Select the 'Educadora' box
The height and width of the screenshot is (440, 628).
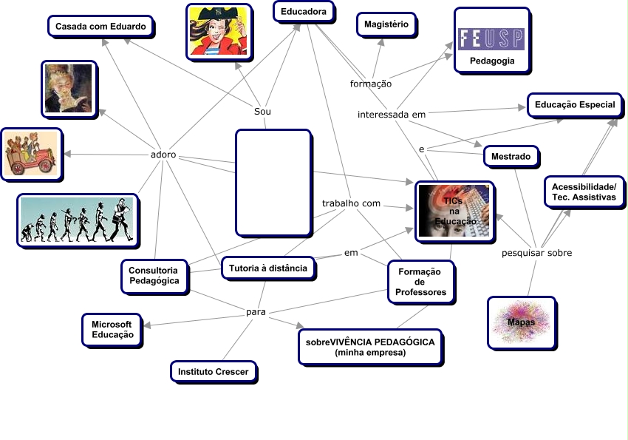point(304,12)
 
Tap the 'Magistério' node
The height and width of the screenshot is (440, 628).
point(386,24)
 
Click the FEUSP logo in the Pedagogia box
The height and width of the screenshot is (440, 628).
point(491,38)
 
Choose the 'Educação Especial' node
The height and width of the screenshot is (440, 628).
point(574,105)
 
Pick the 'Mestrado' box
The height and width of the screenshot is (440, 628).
point(511,157)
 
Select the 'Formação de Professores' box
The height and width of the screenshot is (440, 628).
point(420,282)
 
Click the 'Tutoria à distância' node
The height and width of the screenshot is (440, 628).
point(268,268)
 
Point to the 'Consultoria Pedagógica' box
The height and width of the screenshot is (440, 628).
point(154,276)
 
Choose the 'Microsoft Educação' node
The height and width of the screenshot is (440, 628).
point(112,329)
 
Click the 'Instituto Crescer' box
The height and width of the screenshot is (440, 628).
point(213,371)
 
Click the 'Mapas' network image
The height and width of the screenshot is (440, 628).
point(522,322)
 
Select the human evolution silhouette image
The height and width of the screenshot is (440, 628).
point(77,220)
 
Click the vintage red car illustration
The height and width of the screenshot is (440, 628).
point(31,155)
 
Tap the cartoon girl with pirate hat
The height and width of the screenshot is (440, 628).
point(218,31)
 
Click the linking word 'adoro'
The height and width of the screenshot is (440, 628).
point(163,155)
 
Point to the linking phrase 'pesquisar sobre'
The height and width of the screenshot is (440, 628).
point(536,253)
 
